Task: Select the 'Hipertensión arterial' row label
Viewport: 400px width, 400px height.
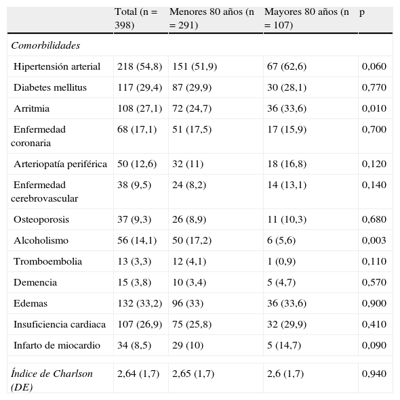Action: pos(57,66)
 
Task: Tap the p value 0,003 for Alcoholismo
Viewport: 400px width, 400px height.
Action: pos(374,240)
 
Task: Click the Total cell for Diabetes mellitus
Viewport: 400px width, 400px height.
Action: pos(136,87)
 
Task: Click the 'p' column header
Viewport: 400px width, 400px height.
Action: pos(362,13)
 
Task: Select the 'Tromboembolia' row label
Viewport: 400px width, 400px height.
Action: pos(47,261)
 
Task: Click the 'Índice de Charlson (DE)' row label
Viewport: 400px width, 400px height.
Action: pos(52,380)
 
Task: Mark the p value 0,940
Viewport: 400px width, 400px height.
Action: pos(374,374)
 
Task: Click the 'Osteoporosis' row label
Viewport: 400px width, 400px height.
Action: pos(41,219)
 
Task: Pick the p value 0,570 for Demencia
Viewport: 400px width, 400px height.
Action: pos(374,282)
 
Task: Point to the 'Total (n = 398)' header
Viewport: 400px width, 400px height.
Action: pos(136,19)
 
